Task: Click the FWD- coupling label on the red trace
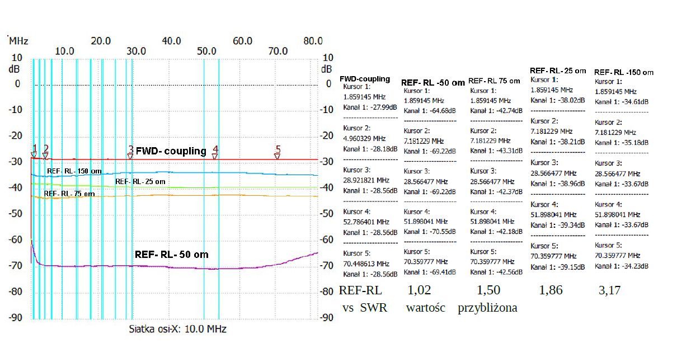click(x=171, y=151)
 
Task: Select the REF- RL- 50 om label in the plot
click(x=171, y=255)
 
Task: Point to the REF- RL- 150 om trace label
click(x=74, y=171)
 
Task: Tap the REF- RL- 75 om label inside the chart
click(x=69, y=194)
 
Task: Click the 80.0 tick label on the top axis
click(x=313, y=41)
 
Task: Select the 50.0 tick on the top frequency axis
click(x=207, y=51)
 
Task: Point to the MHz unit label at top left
click(x=18, y=41)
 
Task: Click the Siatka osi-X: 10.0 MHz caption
click(x=177, y=329)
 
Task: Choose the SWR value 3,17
click(x=609, y=290)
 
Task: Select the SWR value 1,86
click(x=551, y=290)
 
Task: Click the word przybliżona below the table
click(x=487, y=308)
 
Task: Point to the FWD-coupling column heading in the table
click(x=365, y=79)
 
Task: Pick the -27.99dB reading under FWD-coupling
click(x=379, y=107)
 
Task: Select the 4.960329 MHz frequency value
click(x=364, y=138)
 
